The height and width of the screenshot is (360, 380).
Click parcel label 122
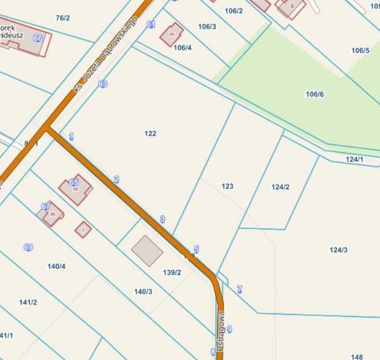click(x=150, y=134)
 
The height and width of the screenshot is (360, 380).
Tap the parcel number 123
click(x=227, y=186)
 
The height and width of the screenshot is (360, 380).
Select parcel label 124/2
click(x=280, y=187)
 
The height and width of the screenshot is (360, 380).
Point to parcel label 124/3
click(x=338, y=250)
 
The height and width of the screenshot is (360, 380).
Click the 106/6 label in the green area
click(x=314, y=94)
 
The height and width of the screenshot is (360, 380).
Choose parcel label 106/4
click(x=182, y=47)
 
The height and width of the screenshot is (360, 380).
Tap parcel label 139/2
click(x=172, y=273)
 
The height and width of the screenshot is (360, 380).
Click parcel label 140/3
click(x=143, y=291)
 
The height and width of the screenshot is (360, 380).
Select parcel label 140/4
click(x=56, y=266)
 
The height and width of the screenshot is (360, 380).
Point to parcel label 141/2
click(x=28, y=302)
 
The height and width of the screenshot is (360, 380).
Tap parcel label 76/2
click(x=63, y=18)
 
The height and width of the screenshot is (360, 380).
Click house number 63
click(x=103, y=84)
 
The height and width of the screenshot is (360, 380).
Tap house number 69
click(x=28, y=247)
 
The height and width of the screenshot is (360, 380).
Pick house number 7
click(x=240, y=289)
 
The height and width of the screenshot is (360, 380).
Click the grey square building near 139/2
click(x=147, y=251)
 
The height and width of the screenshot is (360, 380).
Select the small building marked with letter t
click(x=83, y=230)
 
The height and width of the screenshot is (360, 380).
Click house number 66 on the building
click(x=38, y=38)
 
